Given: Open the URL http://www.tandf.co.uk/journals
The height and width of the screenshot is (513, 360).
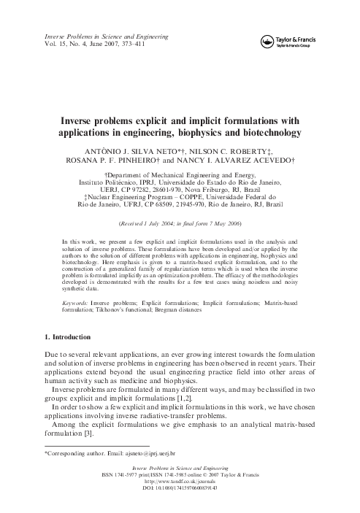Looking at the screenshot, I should (180, 482).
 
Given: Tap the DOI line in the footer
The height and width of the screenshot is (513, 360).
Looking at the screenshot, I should (180, 488).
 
